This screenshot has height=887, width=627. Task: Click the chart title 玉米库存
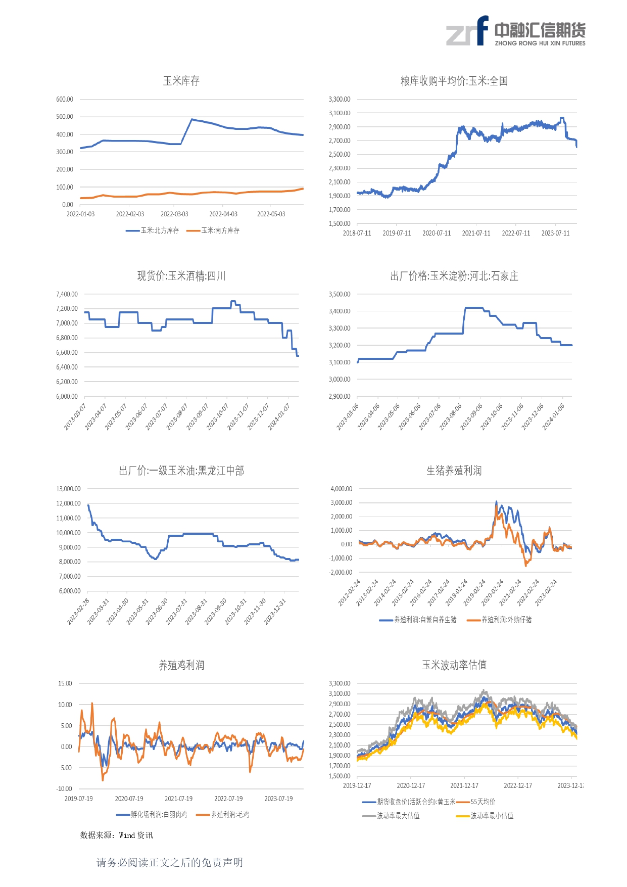tap(181, 81)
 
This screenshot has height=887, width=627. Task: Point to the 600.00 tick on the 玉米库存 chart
tap(65, 100)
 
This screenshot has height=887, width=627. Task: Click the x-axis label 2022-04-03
tap(223, 214)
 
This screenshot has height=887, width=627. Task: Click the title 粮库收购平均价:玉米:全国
tap(454, 81)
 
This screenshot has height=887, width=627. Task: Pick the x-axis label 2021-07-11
tap(476, 234)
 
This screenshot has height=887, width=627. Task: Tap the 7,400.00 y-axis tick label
tap(67, 294)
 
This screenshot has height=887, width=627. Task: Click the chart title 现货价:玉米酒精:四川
tap(181, 276)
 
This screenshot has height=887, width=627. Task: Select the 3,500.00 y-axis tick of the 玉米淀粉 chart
tap(340, 294)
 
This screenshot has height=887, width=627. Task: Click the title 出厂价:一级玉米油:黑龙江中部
tap(181, 471)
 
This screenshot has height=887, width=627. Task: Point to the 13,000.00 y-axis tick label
tap(69, 489)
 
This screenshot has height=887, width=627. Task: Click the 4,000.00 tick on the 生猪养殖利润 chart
tap(342, 489)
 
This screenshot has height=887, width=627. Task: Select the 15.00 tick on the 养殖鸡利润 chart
tap(65, 683)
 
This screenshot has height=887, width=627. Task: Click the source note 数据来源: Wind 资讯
tap(117, 835)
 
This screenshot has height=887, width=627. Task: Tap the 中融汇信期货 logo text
tap(540, 31)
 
